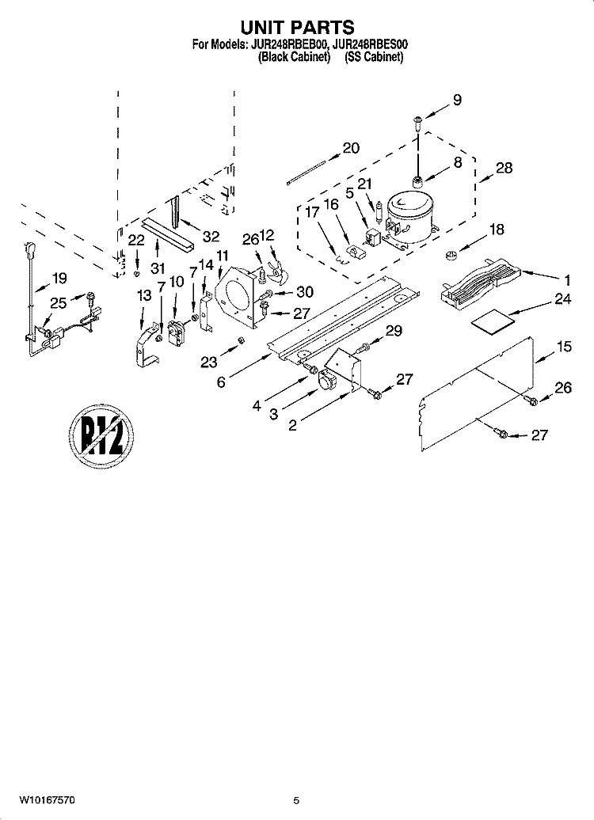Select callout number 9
pyautogui.click(x=457, y=100)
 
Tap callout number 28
pyautogui.click(x=504, y=168)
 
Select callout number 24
pyautogui.click(x=562, y=300)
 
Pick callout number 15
pyautogui.click(x=564, y=346)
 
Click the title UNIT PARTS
pyautogui.click(x=297, y=27)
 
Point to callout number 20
pyautogui.click(x=351, y=148)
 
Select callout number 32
pyautogui.click(x=211, y=237)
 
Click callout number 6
pyautogui.click(x=221, y=382)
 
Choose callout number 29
pyautogui.click(x=394, y=331)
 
